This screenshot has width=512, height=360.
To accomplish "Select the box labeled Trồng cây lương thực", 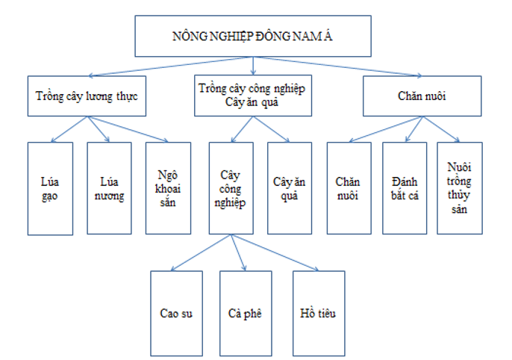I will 87,96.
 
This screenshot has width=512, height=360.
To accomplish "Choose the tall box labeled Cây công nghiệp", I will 231,187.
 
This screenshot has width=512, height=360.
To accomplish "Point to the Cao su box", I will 177,312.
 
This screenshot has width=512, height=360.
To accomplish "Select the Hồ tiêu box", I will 319,312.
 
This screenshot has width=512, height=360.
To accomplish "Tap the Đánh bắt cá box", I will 404,187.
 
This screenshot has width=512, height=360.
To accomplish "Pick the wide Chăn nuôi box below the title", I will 422,96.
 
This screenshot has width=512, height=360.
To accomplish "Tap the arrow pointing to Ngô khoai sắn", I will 128,128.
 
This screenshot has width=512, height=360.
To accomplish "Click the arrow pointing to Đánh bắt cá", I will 415,128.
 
